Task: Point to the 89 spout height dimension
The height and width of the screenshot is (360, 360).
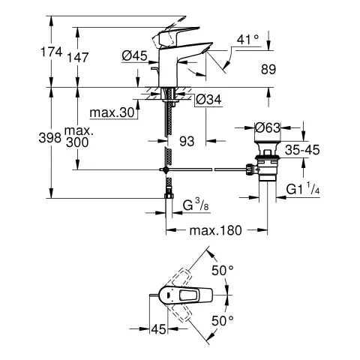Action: click(267, 70)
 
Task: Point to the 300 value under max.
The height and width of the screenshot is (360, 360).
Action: click(76, 142)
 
